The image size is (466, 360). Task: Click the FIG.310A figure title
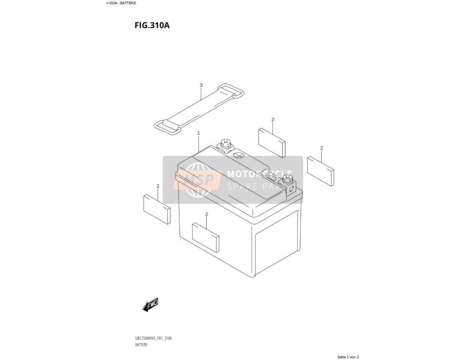tap(152, 25)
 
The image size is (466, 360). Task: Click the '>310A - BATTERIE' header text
tap(121, 3)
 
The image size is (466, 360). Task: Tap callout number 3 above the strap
tap(201, 85)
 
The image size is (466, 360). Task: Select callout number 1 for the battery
tap(199, 133)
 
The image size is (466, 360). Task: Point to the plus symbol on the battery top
tap(239, 155)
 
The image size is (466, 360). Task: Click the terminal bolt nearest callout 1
tap(225, 144)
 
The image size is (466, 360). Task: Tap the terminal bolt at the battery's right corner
tap(287, 179)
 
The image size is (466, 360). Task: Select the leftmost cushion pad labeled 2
tap(157, 209)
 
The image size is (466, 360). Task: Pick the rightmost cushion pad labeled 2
tap(321, 171)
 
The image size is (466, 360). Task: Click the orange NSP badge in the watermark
tap(198, 180)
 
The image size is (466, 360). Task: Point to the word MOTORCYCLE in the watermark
tap(260, 174)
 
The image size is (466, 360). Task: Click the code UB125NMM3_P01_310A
tap(153, 338)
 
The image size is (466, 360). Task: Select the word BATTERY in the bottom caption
tap(141, 345)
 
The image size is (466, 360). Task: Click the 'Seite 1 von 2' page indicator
tap(348, 357)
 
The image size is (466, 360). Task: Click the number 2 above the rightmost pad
tap(322, 148)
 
